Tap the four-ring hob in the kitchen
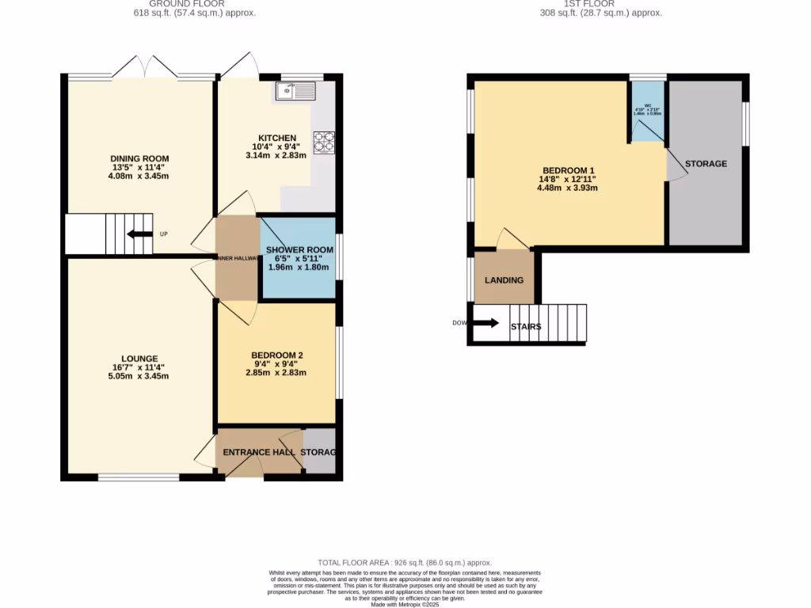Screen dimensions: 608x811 tap(324, 141)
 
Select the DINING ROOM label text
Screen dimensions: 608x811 tap(139, 158)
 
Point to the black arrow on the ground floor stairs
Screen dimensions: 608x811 tap(138, 234)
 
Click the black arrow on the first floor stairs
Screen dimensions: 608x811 tap(485, 323)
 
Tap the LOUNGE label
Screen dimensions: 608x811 tap(139, 358)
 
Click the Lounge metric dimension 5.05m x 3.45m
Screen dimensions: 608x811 tap(139, 376)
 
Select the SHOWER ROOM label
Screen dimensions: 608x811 tap(299, 249)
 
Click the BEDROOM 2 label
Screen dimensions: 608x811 tap(276, 355)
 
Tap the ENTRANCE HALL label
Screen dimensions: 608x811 tap(259, 452)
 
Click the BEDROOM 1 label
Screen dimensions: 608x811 tap(568, 171)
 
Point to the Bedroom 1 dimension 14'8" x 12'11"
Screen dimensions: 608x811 tap(568, 180)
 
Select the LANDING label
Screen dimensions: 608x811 tap(504, 280)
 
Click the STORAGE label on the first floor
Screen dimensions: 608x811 tap(706, 164)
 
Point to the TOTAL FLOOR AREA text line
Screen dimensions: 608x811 tap(405, 560)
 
